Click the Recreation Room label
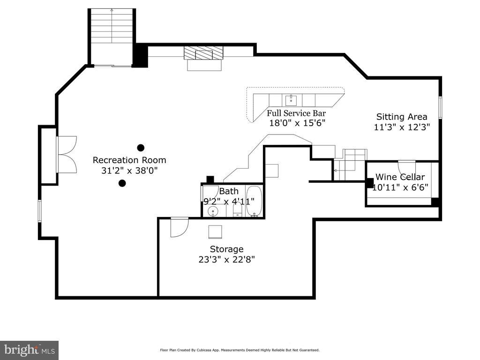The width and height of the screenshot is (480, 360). coord(129,160)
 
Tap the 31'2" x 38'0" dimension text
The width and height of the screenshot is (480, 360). coord(129,171)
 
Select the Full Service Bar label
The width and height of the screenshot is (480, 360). coord(296,113)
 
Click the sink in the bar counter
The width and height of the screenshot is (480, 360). coord(291,100)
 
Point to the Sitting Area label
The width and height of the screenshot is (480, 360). coord(402,117)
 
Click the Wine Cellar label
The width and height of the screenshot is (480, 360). coord(400,177)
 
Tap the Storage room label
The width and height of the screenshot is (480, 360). coord(226,249)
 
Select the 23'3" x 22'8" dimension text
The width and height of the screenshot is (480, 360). coord(226,260)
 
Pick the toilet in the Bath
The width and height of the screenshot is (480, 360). coord(238,210)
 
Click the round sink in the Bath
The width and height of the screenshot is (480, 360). coord(212,211)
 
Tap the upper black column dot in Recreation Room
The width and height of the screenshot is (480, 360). coord(141,148)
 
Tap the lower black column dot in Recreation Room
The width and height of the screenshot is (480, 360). coord(122,183)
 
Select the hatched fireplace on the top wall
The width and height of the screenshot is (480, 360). coord(203,53)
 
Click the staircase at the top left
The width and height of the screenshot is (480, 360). coord(112,37)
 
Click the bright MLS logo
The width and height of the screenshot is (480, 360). coord(30,350)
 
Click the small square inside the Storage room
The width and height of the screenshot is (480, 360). coord(215,232)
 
